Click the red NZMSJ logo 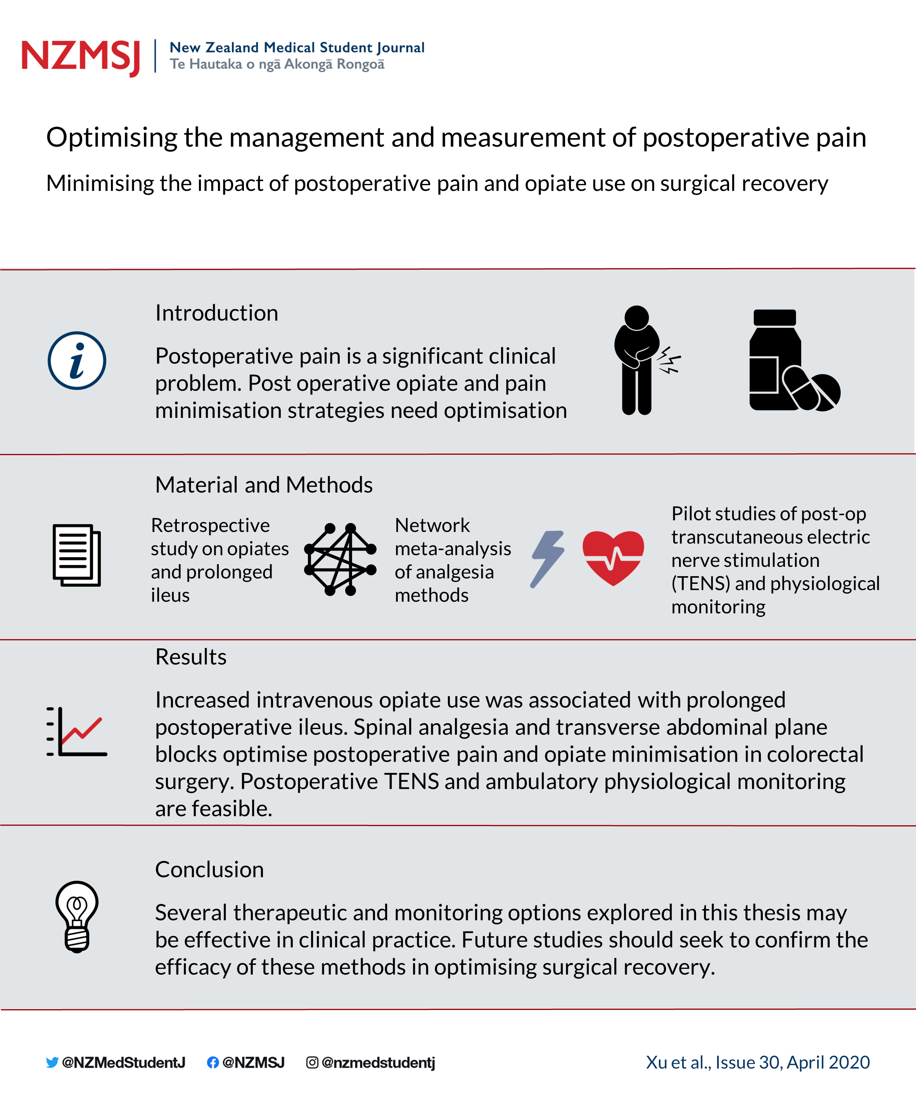[81, 57]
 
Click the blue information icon [77, 360]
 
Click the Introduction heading [216, 313]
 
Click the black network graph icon [340, 559]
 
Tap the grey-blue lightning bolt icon [547, 559]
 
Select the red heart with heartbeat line [613, 558]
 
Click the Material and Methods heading [264, 485]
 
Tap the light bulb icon [77, 916]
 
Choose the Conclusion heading [209, 870]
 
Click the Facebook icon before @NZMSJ [213, 1062]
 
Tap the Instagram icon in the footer [312, 1062]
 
